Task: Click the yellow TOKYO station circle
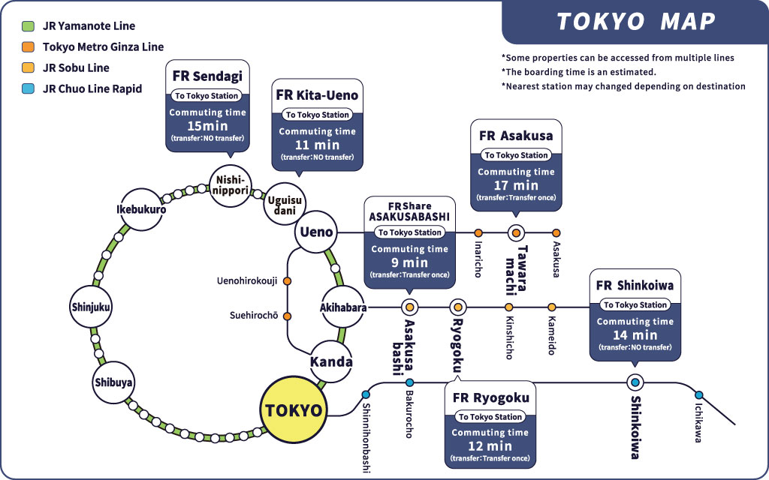(294, 410)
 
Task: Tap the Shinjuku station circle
(91, 307)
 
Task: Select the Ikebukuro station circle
(140, 209)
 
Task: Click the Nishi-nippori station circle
(230, 186)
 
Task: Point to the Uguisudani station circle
(285, 204)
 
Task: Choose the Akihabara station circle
(342, 307)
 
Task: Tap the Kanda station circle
(331, 361)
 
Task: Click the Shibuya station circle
(113, 382)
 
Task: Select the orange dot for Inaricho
(478, 232)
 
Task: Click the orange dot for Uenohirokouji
(288, 281)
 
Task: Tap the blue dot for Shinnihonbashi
(366, 394)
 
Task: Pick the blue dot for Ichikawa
(699, 394)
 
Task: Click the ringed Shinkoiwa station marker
(635, 382)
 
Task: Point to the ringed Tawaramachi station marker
(515, 232)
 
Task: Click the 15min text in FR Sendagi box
(207, 126)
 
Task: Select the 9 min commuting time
(409, 262)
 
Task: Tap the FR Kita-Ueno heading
(317, 95)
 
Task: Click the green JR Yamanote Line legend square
(28, 26)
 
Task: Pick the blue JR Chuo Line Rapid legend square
(28, 88)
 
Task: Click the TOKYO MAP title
(635, 22)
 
